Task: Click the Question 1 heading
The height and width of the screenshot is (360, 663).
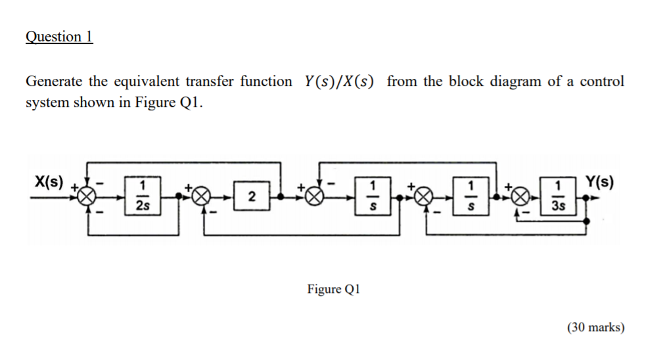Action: (59, 37)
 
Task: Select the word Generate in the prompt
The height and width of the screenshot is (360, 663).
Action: (54, 82)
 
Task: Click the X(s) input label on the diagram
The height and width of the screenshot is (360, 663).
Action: (49, 182)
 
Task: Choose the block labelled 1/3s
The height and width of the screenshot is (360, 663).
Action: (559, 196)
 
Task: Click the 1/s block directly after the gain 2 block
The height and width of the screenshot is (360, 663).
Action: (373, 196)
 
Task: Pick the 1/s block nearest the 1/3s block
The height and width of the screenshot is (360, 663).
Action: (470, 196)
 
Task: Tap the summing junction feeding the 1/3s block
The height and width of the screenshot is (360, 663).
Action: (521, 196)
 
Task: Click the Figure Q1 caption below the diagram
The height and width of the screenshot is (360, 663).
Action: (333, 289)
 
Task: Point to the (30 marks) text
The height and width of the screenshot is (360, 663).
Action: (595, 327)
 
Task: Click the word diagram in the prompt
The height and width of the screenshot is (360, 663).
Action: (514, 82)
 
